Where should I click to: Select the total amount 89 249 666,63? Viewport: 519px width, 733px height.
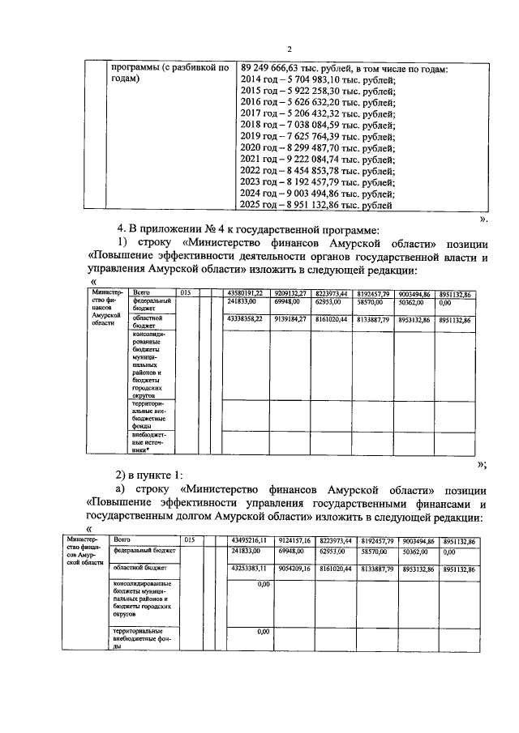click(x=276, y=68)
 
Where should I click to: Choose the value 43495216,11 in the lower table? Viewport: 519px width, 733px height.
click(x=250, y=540)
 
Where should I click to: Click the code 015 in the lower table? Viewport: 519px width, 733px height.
click(x=190, y=539)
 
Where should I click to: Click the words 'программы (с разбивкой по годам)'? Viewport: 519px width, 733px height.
click(x=169, y=74)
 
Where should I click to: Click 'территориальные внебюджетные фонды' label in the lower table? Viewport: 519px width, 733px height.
click(x=144, y=638)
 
